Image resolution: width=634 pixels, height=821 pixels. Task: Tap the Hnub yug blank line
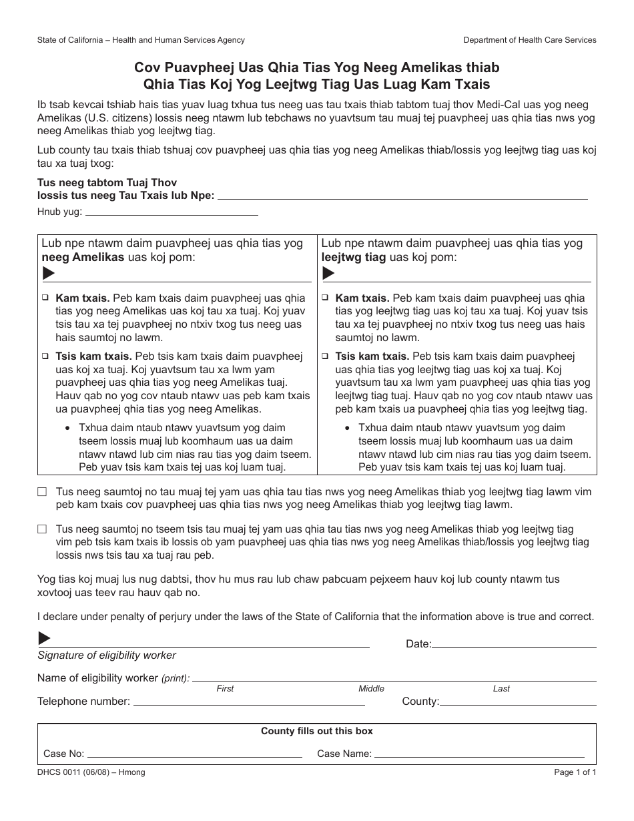[x=172, y=214]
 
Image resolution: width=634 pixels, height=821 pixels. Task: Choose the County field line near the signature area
[x=518, y=703]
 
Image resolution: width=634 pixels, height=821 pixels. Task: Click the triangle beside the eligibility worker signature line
[x=44, y=639]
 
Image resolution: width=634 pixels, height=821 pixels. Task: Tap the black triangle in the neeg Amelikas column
[x=49, y=273]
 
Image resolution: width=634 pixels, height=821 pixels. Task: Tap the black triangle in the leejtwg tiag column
[x=328, y=273]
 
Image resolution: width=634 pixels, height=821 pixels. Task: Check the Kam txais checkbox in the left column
[x=46, y=298]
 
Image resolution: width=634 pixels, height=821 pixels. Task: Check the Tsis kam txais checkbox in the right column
[x=326, y=356]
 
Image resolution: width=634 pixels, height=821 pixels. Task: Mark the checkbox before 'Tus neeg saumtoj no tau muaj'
[x=42, y=491]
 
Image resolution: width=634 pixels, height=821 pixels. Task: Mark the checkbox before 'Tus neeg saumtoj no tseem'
[x=42, y=529]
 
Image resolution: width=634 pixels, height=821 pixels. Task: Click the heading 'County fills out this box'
[x=316, y=731]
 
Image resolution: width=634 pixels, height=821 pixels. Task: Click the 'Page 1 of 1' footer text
[x=575, y=772]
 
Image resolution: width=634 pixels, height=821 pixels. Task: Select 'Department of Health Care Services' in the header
[x=530, y=40]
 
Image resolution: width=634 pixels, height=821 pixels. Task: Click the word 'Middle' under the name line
[x=371, y=689]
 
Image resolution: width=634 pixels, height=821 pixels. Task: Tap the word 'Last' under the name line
[x=501, y=689]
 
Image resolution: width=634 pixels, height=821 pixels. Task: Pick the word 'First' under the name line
[x=226, y=689]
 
